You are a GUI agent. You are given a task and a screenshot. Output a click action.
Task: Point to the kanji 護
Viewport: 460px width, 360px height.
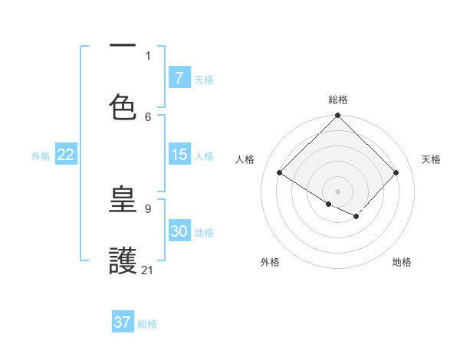[123, 260]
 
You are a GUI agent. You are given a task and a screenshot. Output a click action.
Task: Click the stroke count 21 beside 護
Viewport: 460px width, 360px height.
[148, 270]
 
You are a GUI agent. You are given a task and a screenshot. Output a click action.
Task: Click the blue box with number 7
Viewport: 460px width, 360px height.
[179, 77]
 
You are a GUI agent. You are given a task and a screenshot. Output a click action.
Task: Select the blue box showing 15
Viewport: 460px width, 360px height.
[179, 155]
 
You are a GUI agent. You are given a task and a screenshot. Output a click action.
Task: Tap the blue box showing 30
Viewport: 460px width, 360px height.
[179, 231]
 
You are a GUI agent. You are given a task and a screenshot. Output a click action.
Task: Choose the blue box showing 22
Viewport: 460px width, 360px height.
[66, 155]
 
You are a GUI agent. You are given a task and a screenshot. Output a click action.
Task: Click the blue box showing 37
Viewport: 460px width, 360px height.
[122, 322]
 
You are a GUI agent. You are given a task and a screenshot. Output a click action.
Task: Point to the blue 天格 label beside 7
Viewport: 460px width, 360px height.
[204, 79]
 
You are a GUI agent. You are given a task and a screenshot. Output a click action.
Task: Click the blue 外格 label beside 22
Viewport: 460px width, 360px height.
[41, 156]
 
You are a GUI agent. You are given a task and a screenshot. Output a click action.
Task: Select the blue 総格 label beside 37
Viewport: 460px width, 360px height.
[147, 324]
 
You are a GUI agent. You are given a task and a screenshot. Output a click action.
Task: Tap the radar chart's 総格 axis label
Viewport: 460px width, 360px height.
[338, 100]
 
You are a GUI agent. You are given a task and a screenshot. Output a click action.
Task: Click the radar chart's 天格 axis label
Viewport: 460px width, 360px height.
[431, 159]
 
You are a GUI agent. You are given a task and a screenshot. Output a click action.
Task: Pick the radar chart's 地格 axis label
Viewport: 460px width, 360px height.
[402, 262]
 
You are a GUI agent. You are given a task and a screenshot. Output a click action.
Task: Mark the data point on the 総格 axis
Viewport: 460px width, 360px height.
[337, 116]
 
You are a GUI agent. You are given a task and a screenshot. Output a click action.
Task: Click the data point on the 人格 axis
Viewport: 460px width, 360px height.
[280, 173]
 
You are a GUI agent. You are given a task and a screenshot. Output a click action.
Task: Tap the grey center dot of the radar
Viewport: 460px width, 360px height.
[337, 191]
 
